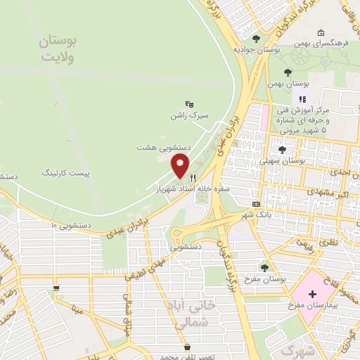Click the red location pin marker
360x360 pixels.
click(x=181, y=167)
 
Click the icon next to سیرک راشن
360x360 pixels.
click(x=189, y=103)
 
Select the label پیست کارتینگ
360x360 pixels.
click(x=67, y=171)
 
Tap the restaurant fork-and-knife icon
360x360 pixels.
click(x=201, y=178)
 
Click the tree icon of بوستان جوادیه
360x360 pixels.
click(x=256, y=39)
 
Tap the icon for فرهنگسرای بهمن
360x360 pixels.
click(x=321, y=32)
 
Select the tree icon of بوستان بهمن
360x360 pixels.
click(x=286, y=72)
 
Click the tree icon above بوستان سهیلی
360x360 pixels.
click(x=282, y=149)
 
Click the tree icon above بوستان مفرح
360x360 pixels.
click(x=265, y=267)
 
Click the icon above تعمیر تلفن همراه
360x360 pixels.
click(x=187, y=347)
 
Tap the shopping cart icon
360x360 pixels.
click(x=56, y=288)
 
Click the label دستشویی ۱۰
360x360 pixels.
click(x=72, y=225)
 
